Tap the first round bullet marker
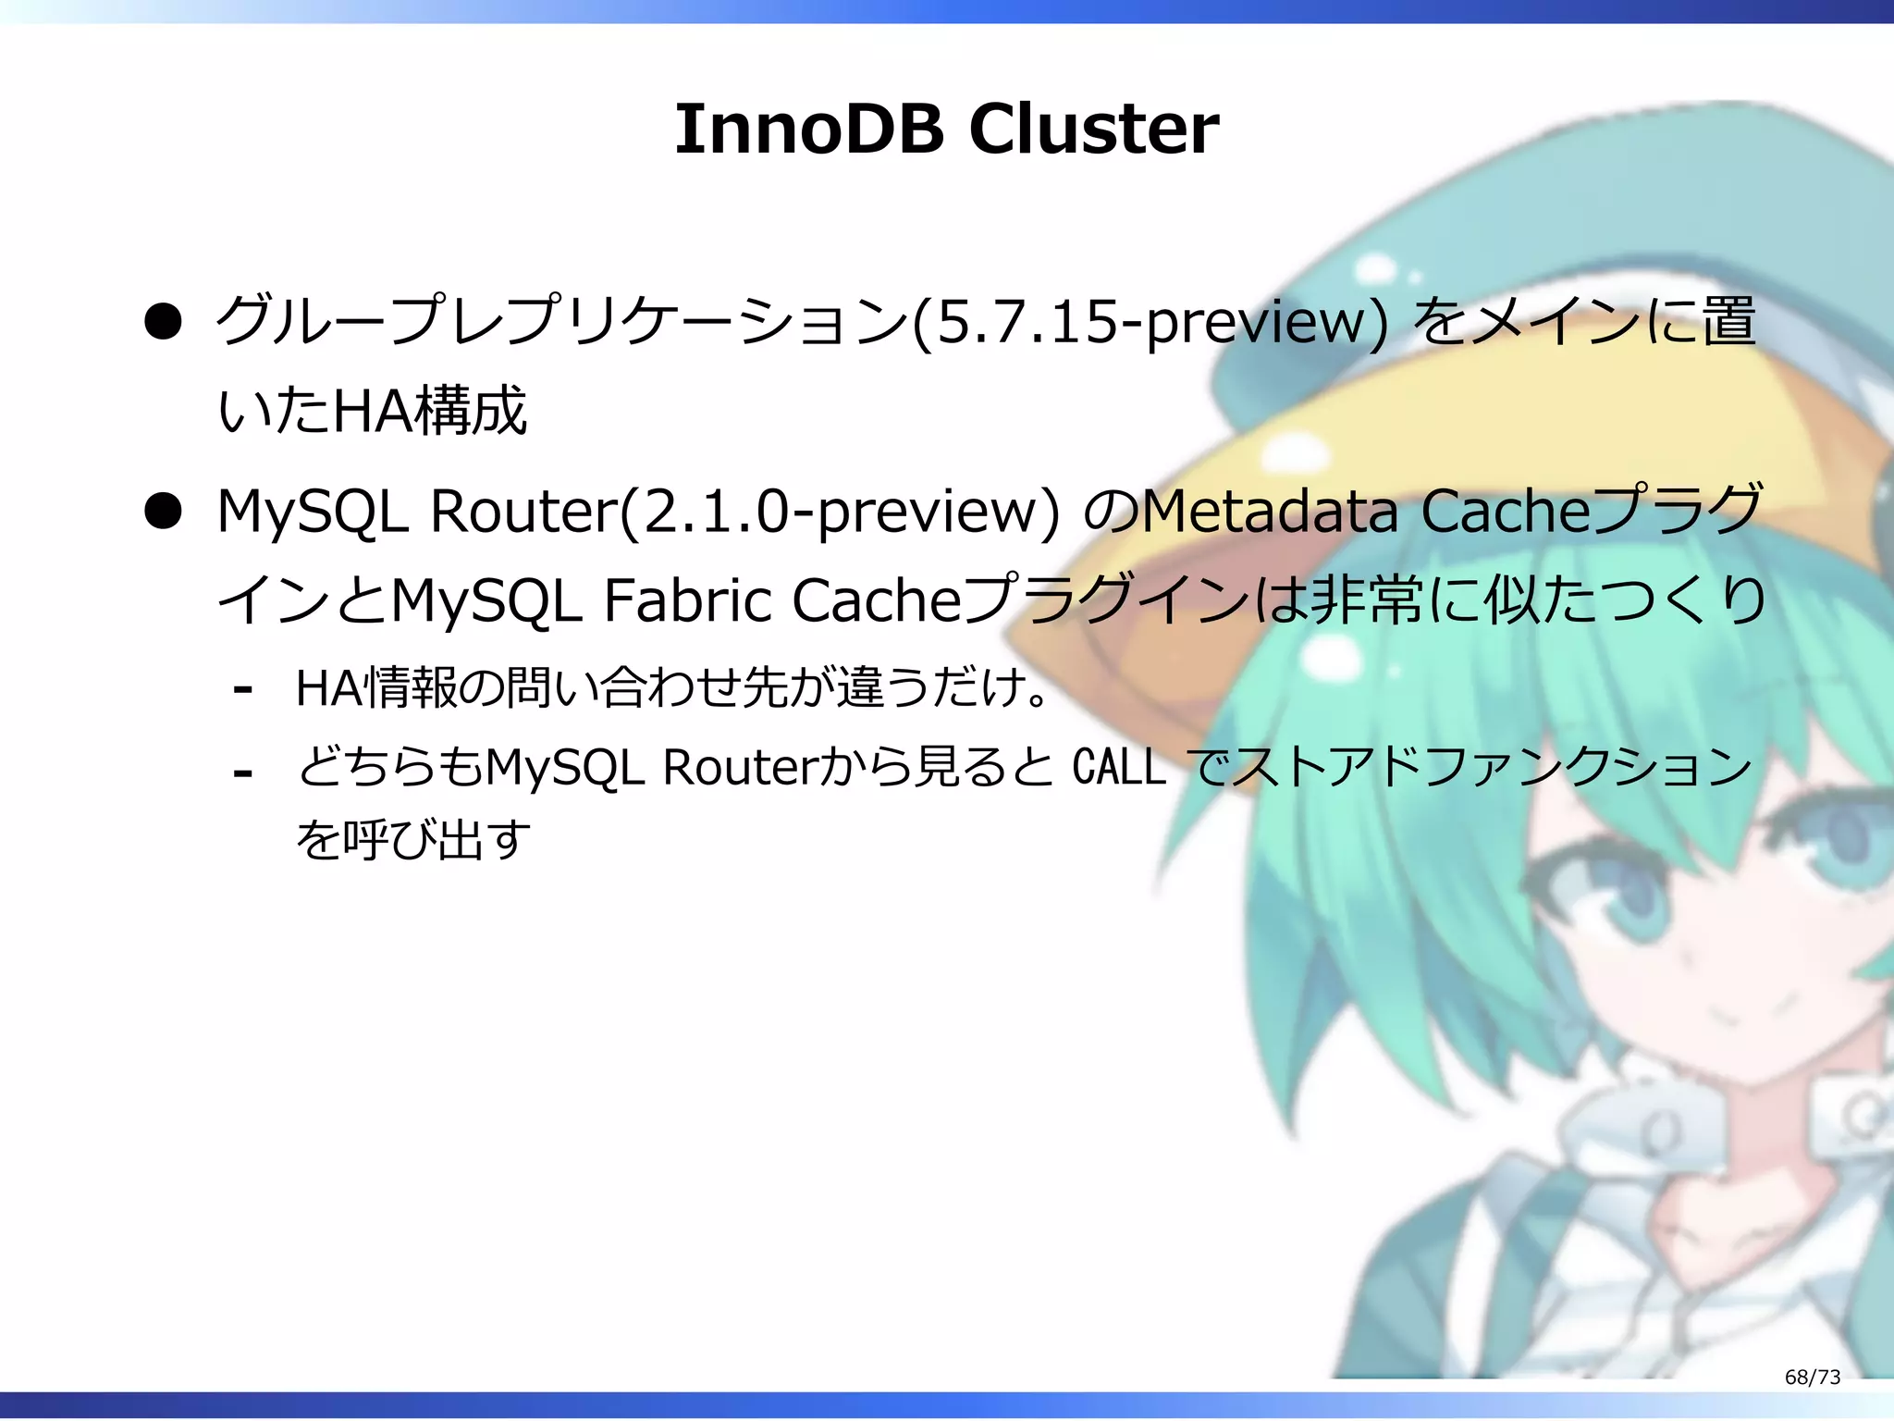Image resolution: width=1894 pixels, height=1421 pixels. [163, 322]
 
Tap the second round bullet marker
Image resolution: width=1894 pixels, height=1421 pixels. [163, 511]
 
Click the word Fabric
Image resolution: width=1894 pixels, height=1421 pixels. [688, 600]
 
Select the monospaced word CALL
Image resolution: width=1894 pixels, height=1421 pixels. [1119, 767]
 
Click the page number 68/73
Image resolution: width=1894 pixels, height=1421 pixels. [1812, 1377]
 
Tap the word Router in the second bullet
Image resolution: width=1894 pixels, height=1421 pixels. [523, 511]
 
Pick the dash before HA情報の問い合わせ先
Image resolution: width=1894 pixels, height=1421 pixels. [243, 689]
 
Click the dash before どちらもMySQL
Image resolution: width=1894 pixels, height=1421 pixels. [243, 772]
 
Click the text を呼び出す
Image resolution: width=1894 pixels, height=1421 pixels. [413, 839]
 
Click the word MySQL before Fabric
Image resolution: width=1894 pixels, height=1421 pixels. [486, 600]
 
